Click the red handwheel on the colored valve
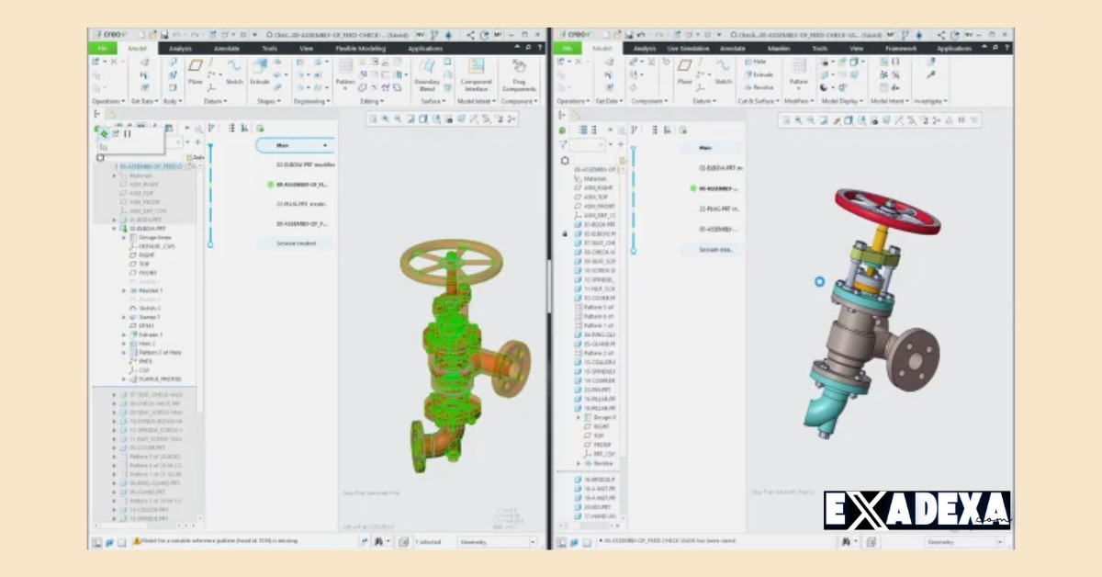887,211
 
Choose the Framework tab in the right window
900,48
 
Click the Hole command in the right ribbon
759,62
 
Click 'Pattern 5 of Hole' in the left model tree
157,353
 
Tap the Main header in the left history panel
294,145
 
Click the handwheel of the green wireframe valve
456,263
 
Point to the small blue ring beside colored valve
819,282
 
